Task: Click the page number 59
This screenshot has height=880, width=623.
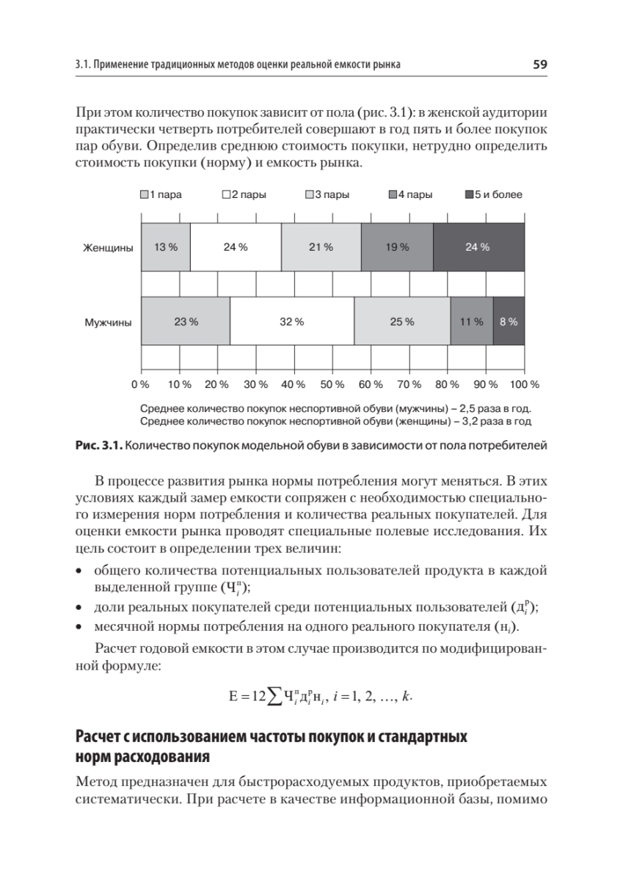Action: coord(540,65)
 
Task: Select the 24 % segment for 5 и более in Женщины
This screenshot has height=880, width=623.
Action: coord(478,247)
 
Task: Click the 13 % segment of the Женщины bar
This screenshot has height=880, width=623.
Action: coord(166,247)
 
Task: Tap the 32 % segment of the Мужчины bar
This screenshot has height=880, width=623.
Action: coord(292,321)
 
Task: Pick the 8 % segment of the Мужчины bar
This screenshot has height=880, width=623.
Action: coord(509,321)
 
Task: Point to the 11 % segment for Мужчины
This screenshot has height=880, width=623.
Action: coord(471,321)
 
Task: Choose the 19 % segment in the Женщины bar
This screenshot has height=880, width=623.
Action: coord(397,247)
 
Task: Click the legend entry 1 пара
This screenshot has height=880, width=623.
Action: coord(160,195)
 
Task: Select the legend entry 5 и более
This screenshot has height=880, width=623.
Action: coord(494,195)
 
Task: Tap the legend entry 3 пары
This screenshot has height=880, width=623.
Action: coord(327,195)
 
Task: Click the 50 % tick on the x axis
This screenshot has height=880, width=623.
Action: coord(332,384)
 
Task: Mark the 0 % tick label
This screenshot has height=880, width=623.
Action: coord(140,384)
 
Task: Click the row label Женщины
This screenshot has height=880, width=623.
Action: coord(107,248)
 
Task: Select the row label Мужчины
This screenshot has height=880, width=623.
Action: coord(108,322)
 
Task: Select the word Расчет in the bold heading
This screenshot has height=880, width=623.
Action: coord(100,736)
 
